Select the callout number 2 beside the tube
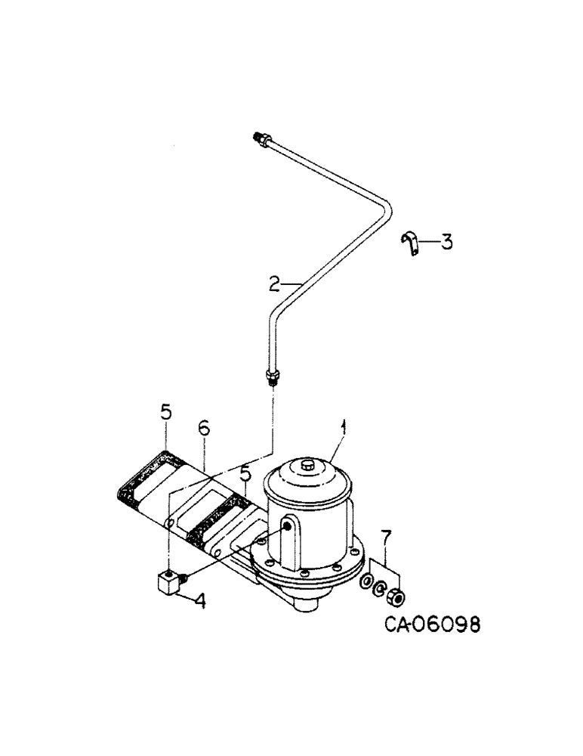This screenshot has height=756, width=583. (x=274, y=284)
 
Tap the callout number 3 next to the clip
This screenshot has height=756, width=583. (x=447, y=243)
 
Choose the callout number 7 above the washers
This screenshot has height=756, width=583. (x=387, y=538)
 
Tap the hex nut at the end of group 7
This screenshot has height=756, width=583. (x=393, y=595)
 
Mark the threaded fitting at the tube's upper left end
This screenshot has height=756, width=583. (x=257, y=138)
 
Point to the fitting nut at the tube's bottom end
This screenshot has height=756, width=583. (x=273, y=373)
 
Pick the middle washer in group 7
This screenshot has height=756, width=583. (x=379, y=589)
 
